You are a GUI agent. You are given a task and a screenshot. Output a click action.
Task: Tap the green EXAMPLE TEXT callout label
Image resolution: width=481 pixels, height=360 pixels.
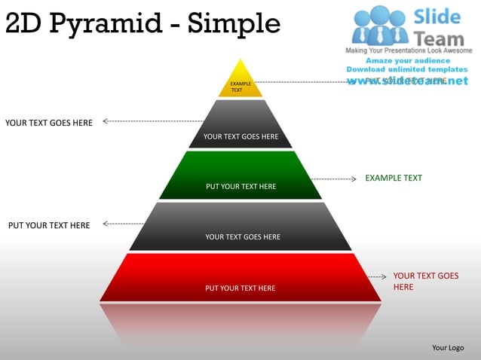(394, 178)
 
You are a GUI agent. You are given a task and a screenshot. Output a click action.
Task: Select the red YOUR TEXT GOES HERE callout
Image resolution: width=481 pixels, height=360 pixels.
(425, 281)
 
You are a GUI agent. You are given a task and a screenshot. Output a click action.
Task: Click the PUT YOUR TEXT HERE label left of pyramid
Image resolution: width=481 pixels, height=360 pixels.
(49, 225)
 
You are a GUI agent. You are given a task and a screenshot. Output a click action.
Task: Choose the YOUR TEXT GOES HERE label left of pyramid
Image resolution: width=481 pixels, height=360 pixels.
(49, 123)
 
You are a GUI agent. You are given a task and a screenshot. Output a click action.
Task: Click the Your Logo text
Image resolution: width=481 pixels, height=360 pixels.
(448, 347)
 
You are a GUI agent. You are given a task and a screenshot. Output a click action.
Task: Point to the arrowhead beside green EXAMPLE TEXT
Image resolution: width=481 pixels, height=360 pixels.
(354, 179)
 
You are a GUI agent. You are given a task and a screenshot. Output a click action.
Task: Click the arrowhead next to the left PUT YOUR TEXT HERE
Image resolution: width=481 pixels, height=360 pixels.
(105, 224)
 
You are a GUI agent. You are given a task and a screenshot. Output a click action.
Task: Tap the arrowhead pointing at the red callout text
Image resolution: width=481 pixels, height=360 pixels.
(384, 277)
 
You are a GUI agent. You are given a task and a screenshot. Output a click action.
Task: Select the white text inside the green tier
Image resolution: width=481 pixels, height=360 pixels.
(241, 187)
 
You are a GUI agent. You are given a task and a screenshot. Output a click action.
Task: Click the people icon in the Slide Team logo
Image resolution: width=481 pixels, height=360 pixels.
(379, 25)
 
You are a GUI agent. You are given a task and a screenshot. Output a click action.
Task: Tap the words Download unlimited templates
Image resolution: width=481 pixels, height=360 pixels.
(407, 69)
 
